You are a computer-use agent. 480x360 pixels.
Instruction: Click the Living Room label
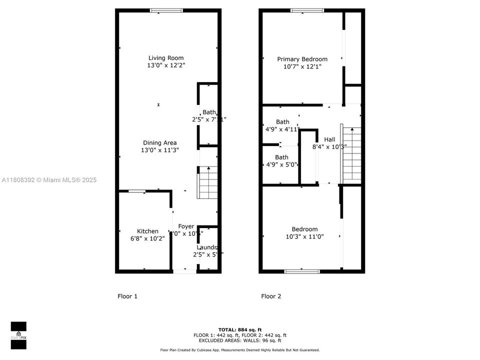click(x=165, y=58)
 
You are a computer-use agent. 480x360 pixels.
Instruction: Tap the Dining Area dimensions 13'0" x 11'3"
click(x=159, y=150)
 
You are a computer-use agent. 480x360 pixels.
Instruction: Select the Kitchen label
click(x=147, y=231)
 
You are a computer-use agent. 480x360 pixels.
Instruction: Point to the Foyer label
click(x=186, y=226)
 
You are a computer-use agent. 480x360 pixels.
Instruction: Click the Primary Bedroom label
click(x=302, y=59)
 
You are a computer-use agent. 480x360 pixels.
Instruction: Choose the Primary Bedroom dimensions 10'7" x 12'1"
click(x=302, y=66)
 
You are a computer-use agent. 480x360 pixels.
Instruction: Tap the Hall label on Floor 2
click(x=329, y=139)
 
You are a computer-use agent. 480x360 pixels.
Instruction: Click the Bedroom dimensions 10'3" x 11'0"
click(x=304, y=236)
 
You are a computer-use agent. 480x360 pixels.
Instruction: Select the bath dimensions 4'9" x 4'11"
click(x=282, y=129)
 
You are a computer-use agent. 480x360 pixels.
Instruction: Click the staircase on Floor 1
click(x=208, y=182)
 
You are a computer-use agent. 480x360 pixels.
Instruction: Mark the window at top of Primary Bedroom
click(x=307, y=10)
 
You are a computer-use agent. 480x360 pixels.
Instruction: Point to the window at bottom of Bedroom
click(x=302, y=271)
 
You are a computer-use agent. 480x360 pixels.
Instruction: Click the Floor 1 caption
click(x=127, y=296)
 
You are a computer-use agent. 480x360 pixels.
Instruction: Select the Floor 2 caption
click(x=271, y=296)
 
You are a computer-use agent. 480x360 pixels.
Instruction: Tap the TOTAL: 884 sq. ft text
click(x=239, y=330)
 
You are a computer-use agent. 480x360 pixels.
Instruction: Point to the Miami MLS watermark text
click(x=49, y=180)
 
